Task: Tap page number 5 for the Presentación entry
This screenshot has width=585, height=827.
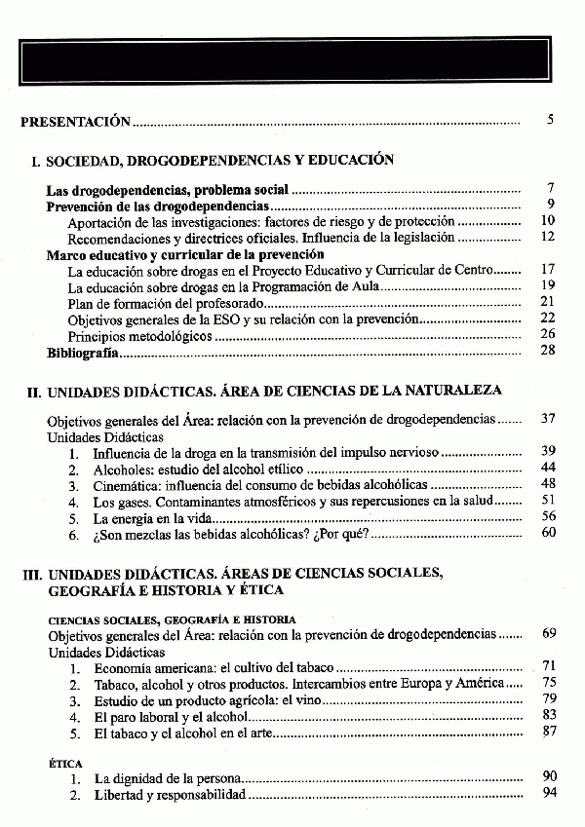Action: [x=551, y=121]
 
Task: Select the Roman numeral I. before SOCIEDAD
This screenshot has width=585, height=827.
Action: [x=35, y=161]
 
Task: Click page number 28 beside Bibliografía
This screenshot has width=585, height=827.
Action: [x=547, y=350]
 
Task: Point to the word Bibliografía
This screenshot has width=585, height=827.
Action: [x=83, y=351]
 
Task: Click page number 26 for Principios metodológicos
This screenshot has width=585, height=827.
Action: [x=547, y=333]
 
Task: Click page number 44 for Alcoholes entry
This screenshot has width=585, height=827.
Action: [x=547, y=468]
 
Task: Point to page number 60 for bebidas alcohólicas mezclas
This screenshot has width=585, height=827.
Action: [x=547, y=532]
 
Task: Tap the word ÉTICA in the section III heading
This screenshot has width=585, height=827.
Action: [x=259, y=590]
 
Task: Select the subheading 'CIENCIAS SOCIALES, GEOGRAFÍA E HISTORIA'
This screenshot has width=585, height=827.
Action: [x=173, y=619]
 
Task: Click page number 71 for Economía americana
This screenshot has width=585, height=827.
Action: [x=548, y=666]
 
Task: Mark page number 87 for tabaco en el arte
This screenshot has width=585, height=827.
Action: [x=548, y=731]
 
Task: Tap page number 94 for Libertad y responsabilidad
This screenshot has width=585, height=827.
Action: [x=548, y=794]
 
